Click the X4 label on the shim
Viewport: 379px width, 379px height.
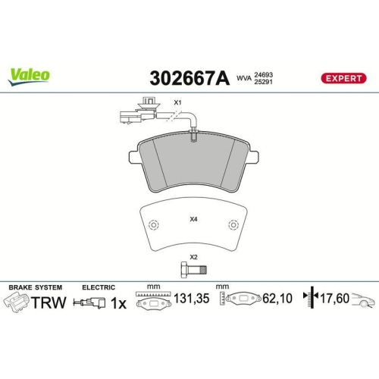tap(193, 220)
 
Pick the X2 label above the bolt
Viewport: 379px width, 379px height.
tap(193, 256)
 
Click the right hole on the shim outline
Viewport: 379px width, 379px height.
tap(233, 226)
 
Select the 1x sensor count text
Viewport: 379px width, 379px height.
tap(119, 303)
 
